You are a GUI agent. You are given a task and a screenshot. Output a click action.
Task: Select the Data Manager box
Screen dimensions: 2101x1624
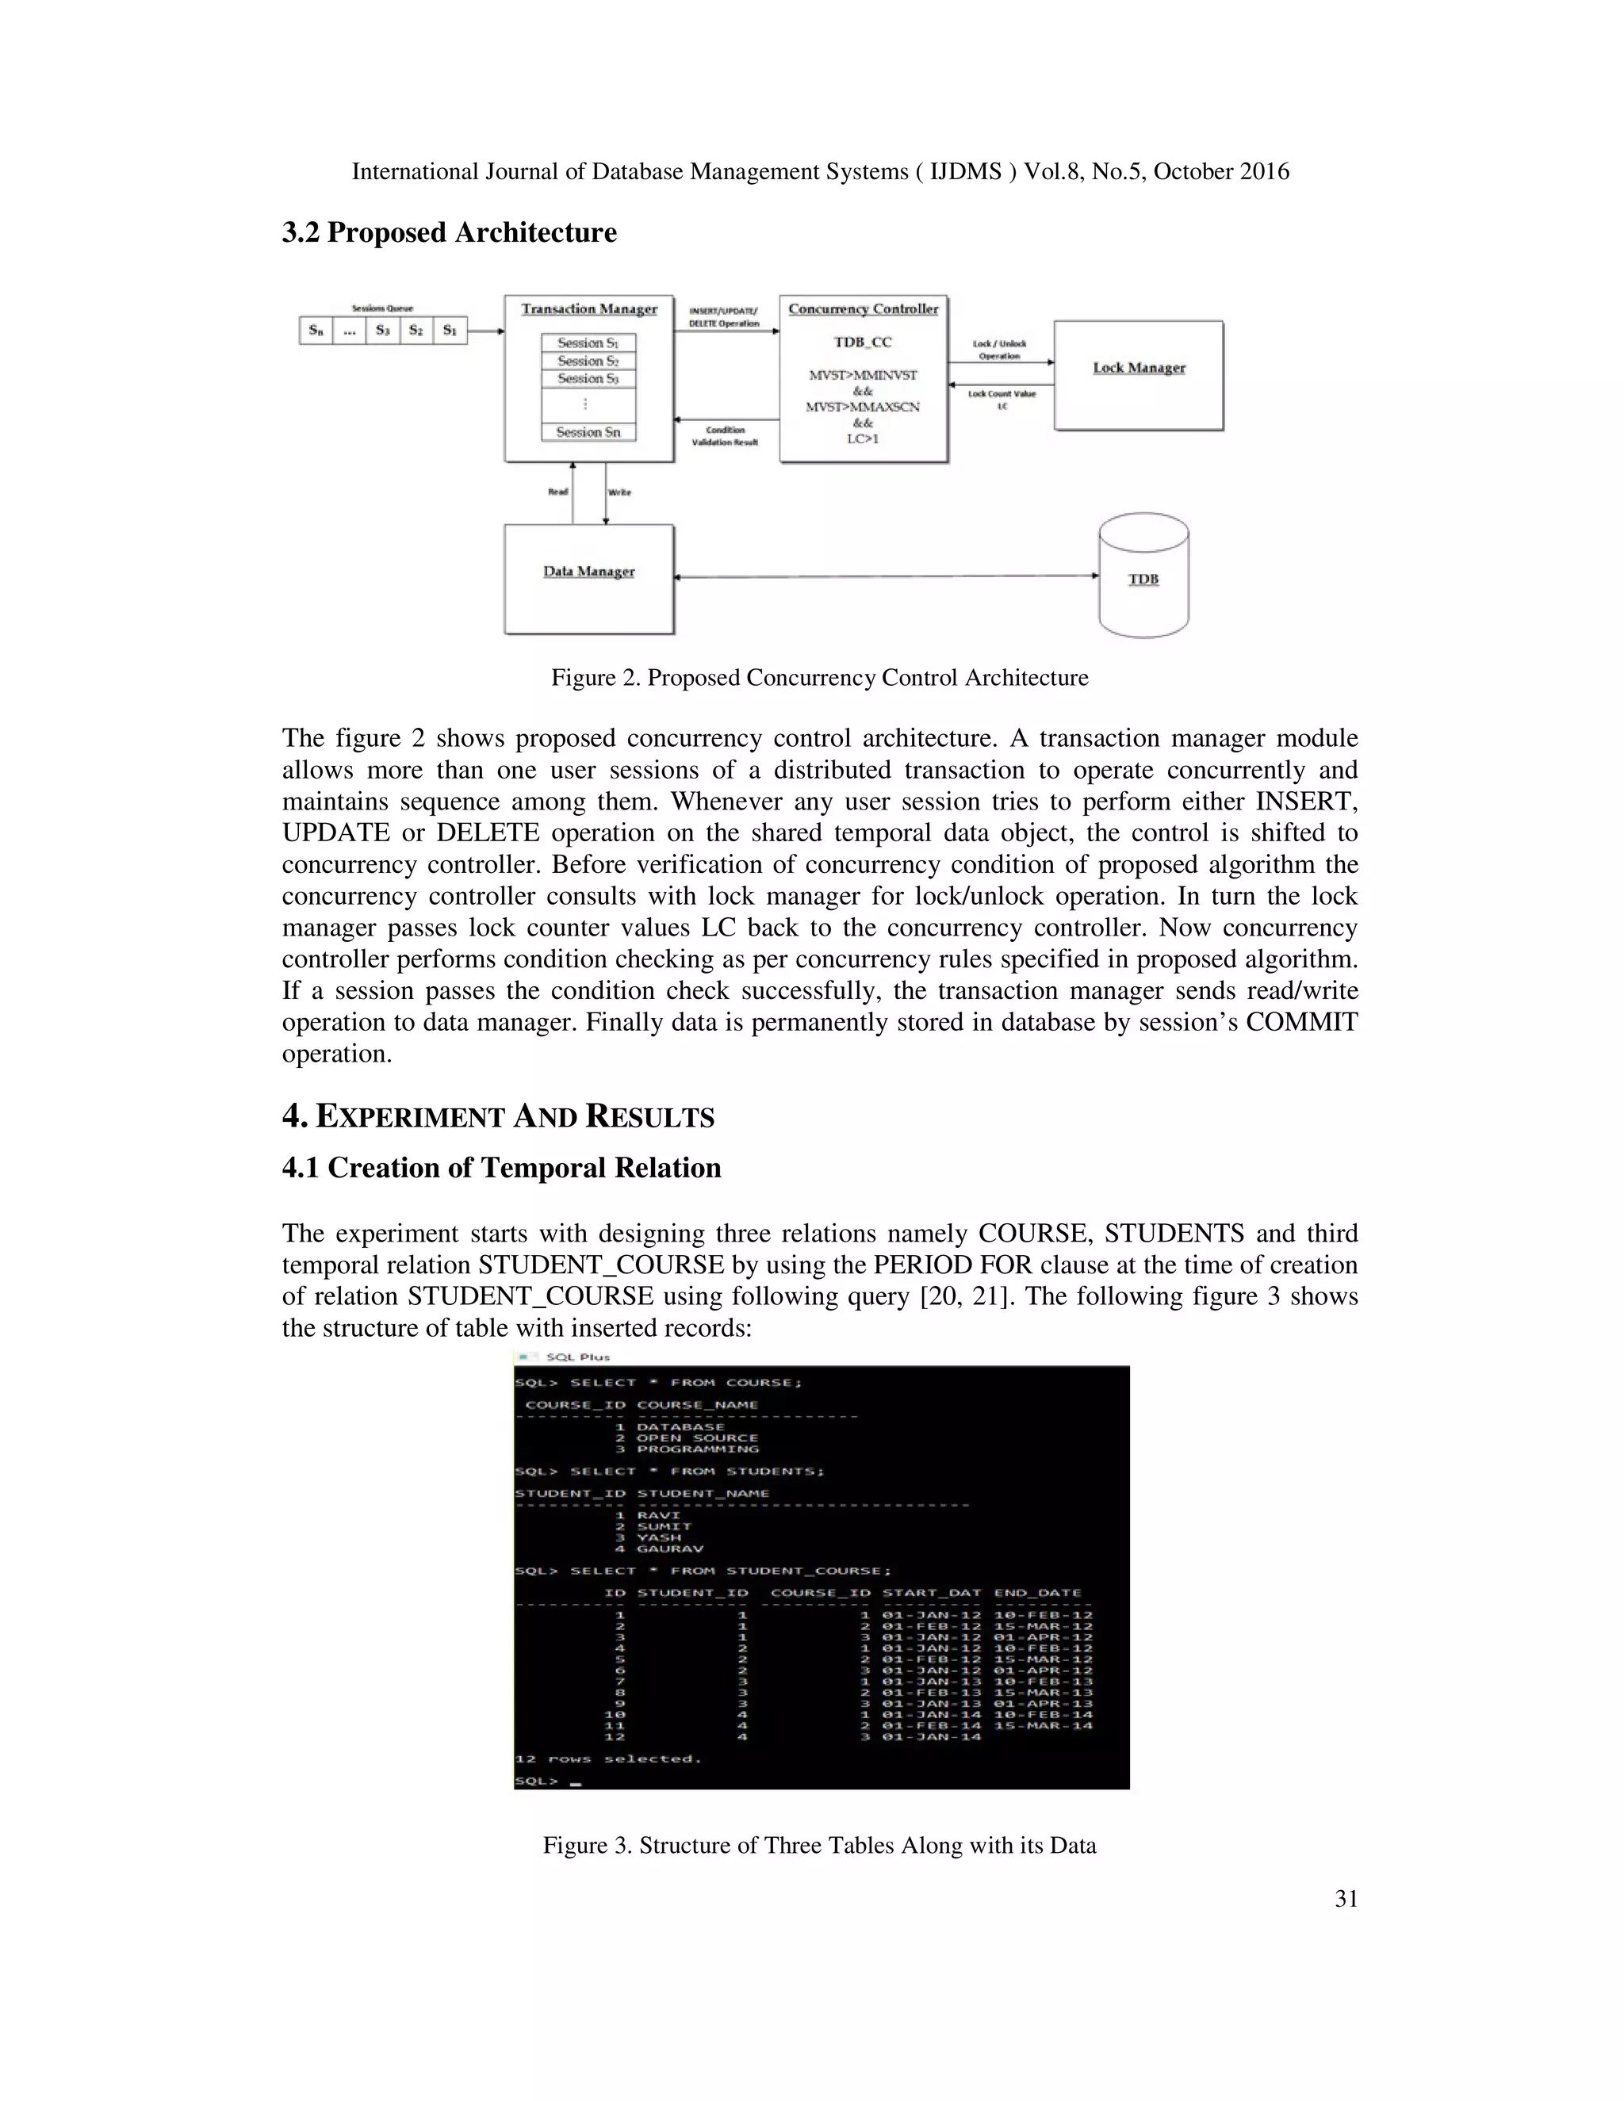589,579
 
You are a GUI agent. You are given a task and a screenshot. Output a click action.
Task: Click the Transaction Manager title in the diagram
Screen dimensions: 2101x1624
589,308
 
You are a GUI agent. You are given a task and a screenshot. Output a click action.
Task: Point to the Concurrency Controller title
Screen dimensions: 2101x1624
863,308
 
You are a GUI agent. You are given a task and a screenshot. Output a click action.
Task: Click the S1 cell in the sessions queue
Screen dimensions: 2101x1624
450,330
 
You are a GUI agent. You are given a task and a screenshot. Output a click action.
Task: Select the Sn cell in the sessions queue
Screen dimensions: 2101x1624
316,330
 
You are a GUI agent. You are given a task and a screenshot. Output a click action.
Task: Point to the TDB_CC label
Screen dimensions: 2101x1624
863,342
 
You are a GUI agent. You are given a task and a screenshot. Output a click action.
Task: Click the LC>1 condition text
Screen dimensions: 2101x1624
863,438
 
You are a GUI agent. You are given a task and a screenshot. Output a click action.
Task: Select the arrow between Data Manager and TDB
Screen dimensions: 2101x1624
886,576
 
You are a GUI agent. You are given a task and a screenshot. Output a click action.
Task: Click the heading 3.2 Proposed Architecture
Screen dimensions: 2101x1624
450,233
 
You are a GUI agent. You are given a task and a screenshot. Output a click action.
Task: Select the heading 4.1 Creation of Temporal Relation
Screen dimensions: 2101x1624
501,1168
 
